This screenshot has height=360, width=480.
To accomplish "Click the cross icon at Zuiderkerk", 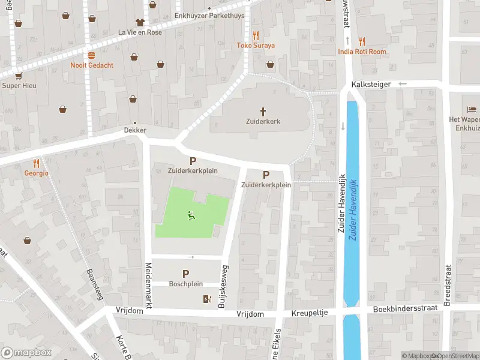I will (263, 111).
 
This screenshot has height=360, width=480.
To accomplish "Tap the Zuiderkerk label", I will (263, 121).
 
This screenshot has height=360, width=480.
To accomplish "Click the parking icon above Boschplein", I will (186, 274).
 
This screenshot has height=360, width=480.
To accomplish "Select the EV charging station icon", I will (208, 299).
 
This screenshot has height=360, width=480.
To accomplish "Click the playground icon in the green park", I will (191, 215).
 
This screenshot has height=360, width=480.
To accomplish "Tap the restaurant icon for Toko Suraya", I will (256, 35).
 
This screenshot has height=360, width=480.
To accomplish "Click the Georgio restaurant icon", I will (36, 163).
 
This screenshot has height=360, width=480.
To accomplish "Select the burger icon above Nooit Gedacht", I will (91, 55).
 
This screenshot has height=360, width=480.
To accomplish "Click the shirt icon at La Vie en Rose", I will (140, 22).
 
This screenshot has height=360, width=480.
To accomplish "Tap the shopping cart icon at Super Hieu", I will (19, 76).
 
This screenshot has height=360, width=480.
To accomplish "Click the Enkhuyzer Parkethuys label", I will (209, 16).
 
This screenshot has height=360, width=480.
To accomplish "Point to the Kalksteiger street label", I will (372, 85).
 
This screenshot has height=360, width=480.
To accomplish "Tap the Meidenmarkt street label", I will (148, 286).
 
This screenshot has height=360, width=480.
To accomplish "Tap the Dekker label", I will (135, 130).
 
